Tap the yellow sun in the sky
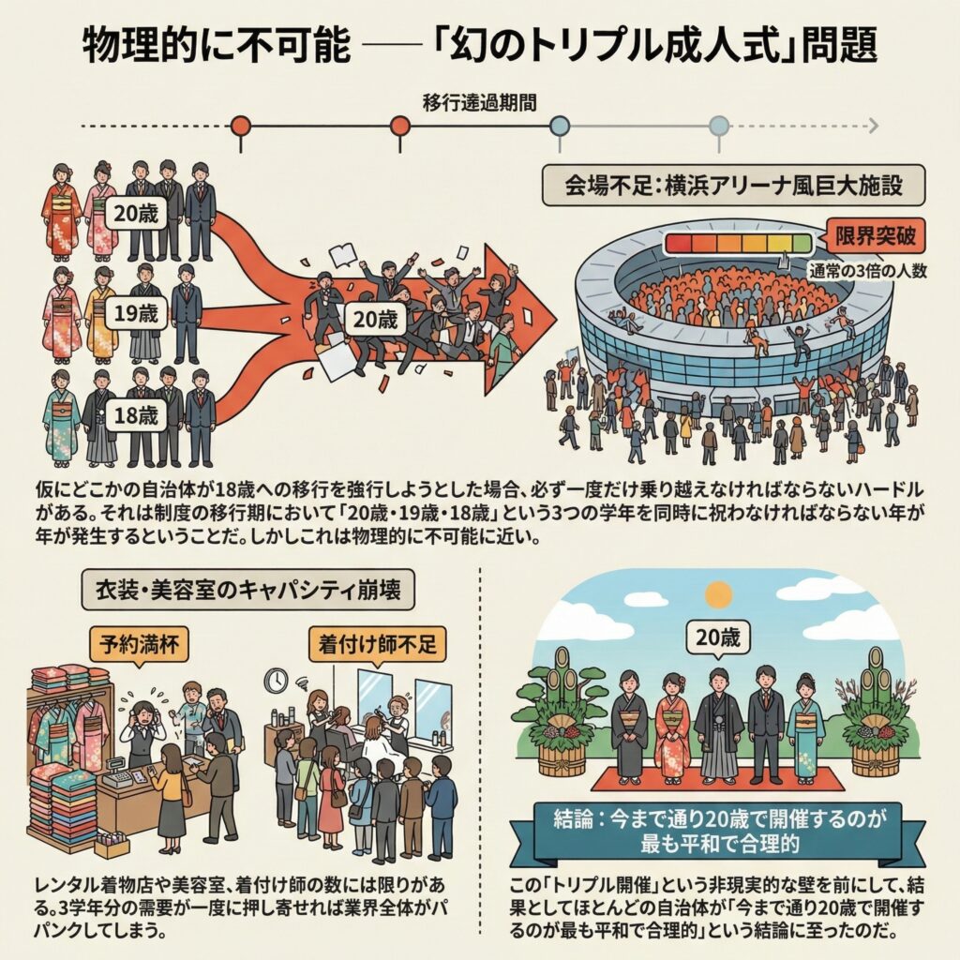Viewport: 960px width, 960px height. (x=718, y=593)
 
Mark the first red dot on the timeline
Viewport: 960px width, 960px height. (x=240, y=126)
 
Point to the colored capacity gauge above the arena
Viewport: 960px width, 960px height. (x=739, y=244)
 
